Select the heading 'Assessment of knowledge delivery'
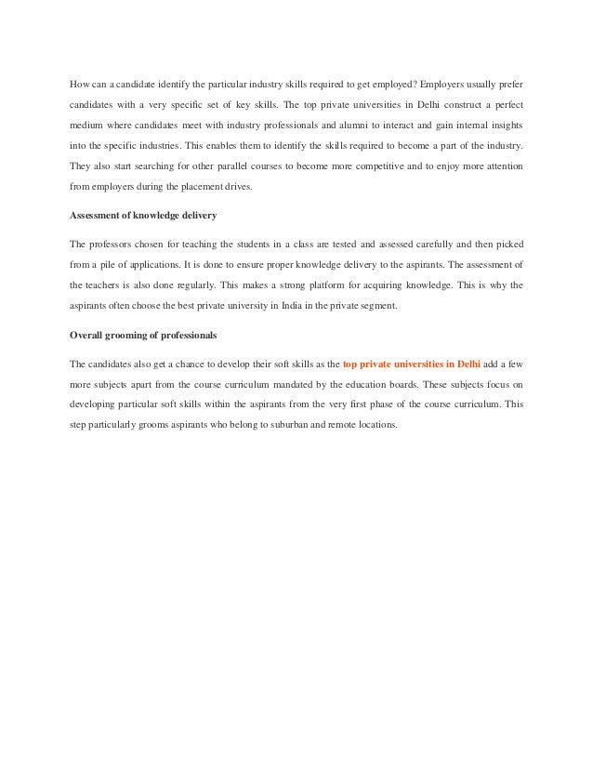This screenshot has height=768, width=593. pos(143,217)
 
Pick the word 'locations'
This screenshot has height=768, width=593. pos(375,427)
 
